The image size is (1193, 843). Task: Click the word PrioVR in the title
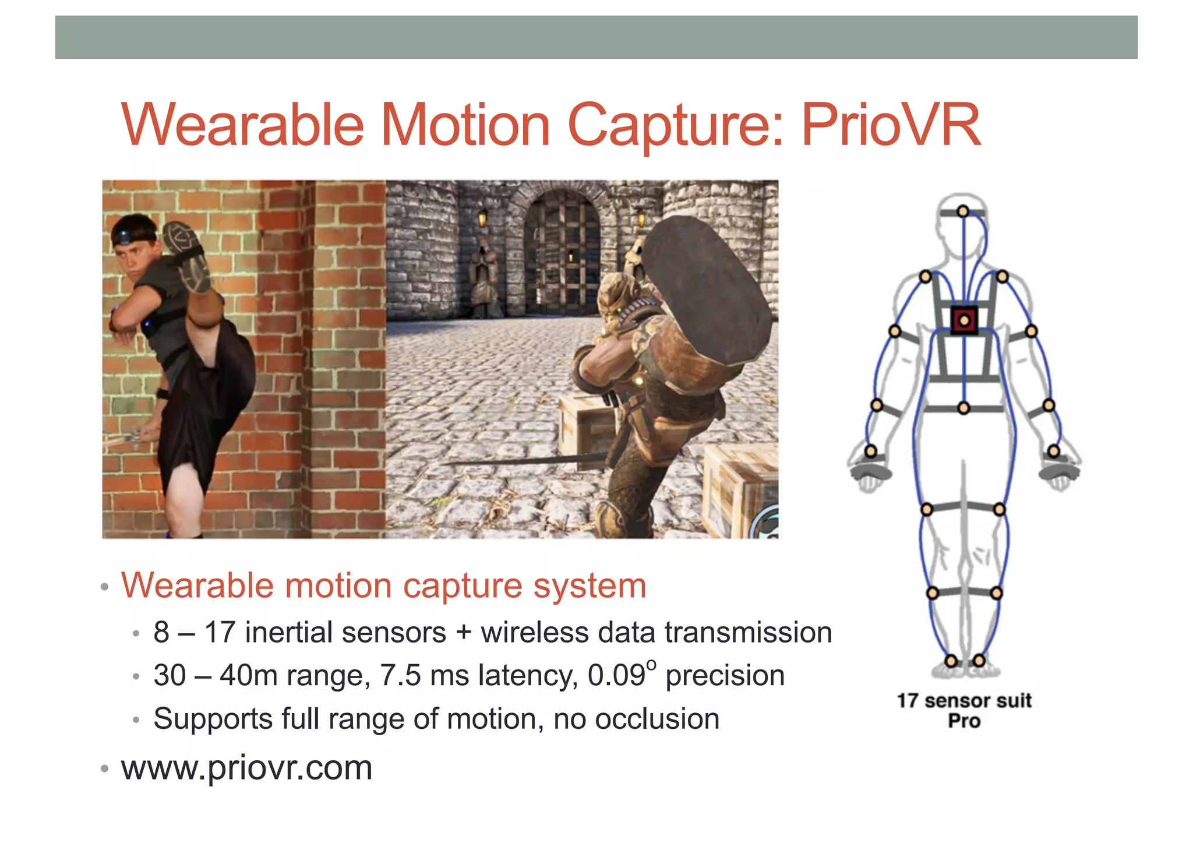tap(891, 125)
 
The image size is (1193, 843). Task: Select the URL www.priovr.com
tap(246, 767)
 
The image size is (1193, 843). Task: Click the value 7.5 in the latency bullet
tap(400, 676)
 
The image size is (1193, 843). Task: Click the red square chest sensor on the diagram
tap(964, 320)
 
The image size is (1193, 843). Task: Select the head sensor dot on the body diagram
tap(963, 211)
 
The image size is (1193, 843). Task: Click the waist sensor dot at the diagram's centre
tap(963, 408)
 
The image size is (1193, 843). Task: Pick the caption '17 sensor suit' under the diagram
tap(964, 700)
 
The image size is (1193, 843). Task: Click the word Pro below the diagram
tap(964, 721)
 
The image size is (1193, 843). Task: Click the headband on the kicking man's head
tap(133, 235)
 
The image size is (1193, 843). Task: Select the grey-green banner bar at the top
tap(596, 37)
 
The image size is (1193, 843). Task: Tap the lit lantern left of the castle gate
tap(482, 219)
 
